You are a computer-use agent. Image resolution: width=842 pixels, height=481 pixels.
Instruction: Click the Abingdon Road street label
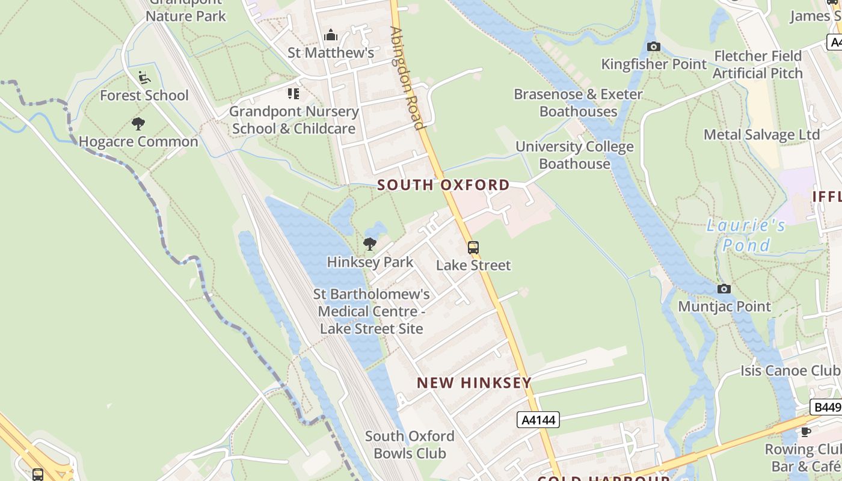[407, 78]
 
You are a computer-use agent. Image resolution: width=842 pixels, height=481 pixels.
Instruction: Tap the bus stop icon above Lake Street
[473, 247]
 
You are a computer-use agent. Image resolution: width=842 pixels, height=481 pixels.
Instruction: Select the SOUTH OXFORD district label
[444, 185]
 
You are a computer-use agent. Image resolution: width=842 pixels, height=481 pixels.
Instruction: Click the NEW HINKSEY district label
[474, 382]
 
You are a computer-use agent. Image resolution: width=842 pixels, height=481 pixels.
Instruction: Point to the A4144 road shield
[538, 420]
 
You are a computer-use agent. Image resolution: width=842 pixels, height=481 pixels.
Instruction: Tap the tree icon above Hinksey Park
[370, 244]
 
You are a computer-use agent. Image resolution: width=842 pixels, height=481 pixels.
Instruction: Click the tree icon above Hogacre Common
[138, 124]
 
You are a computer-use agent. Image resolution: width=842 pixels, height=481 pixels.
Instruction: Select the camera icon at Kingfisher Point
[654, 46]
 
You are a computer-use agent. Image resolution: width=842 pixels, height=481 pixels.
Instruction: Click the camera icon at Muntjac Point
[724, 289]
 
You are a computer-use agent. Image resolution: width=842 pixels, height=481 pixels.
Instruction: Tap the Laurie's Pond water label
[746, 235]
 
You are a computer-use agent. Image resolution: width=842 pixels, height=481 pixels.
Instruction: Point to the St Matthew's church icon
[331, 35]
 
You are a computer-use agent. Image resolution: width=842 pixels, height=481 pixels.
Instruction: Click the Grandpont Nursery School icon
[293, 93]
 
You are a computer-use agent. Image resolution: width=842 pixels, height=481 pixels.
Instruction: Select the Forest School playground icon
[144, 78]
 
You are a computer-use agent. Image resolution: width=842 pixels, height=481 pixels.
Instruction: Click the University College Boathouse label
[574, 155]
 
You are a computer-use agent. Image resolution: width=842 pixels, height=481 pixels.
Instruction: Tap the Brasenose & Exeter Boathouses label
[578, 103]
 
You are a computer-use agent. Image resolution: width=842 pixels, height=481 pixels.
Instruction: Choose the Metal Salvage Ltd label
[761, 134]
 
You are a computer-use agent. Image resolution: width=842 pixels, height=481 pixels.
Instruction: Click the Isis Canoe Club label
[789, 370]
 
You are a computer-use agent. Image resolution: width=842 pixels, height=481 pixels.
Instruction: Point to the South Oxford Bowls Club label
[410, 444]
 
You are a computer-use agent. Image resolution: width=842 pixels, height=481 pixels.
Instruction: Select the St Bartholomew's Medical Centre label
[371, 311]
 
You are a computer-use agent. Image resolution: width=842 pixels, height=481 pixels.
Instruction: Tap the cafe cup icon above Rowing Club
[806, 432]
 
